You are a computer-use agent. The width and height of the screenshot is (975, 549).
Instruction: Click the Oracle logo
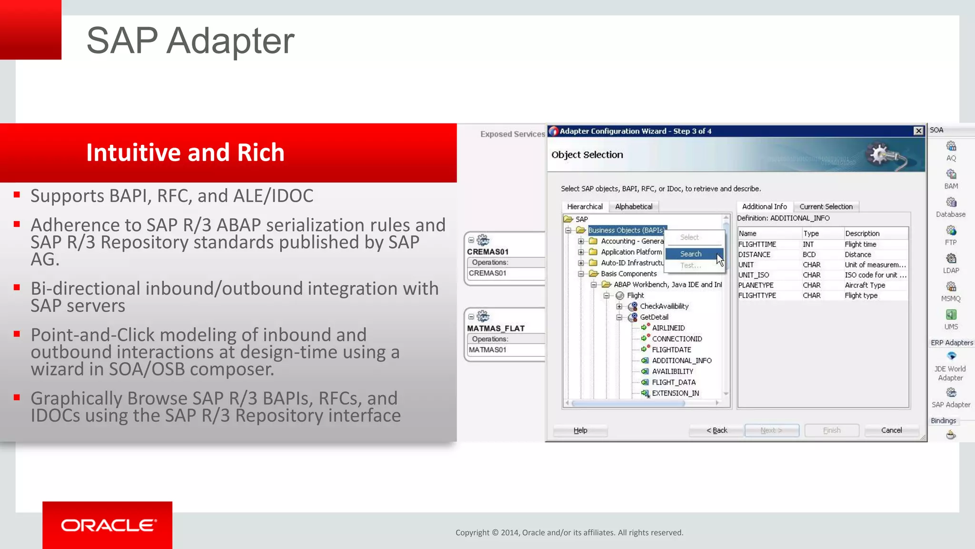point(108,525)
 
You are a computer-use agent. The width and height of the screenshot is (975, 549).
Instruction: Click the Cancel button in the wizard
point(891,430)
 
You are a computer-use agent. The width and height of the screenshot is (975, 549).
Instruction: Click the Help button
point(580,430)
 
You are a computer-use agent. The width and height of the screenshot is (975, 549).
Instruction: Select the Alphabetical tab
point(634,206)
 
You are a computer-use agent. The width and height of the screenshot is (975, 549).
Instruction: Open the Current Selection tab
point(826,206)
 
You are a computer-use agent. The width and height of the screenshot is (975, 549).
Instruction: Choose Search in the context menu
point(691,254)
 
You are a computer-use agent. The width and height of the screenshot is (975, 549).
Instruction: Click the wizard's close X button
point(918,131)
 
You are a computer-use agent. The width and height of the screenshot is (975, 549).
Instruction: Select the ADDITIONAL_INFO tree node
point(681,361)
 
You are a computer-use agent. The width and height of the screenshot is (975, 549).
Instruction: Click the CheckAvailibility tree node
point(664,306)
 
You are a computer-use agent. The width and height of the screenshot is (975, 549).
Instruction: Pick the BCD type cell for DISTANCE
point(809,254)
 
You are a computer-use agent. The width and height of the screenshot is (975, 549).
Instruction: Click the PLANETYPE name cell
point(756,285)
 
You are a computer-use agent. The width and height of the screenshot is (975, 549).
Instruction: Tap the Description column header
point(862,234)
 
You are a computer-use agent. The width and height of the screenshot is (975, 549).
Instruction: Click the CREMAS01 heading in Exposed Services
point(488,252)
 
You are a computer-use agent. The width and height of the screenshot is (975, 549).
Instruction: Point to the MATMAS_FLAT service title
point(496,328)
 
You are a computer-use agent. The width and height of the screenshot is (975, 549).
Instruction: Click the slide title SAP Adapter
point(190,41)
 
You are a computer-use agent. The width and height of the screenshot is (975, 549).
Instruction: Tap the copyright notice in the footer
point(569,533)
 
